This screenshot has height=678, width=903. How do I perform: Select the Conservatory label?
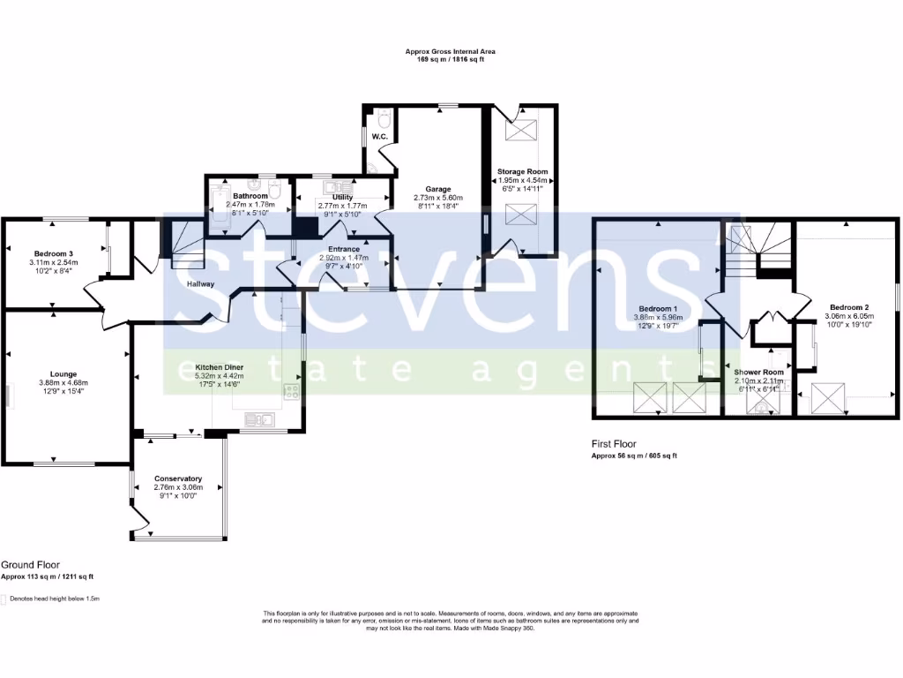point(178,478)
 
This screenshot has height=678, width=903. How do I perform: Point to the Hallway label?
point(200,284)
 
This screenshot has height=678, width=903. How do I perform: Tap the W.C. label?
point(380,138)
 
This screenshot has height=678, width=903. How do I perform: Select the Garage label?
point(438,189)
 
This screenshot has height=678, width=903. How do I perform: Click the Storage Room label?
point(522,171)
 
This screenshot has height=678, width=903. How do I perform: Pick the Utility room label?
point(342,197)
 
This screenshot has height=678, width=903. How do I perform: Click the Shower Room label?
point(758,372)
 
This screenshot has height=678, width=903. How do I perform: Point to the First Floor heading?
point(613,444)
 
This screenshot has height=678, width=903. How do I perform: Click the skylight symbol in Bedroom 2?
point(828,396)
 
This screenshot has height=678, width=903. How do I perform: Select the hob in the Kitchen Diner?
point(290,391)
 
